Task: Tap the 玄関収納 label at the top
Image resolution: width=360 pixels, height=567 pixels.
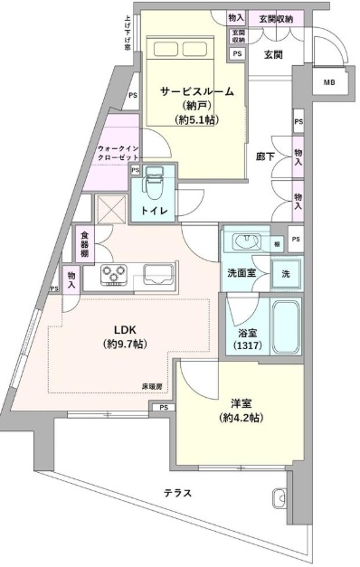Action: [274, 17]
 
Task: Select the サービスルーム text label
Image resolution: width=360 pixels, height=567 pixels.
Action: [198, 91]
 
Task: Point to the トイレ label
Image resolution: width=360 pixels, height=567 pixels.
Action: [152, 212]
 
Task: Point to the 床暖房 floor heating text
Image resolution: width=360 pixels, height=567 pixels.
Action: [152, 386]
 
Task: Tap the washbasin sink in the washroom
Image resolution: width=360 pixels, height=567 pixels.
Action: [246, 241]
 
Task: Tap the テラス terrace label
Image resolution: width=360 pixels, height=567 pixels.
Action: [176, 493]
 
